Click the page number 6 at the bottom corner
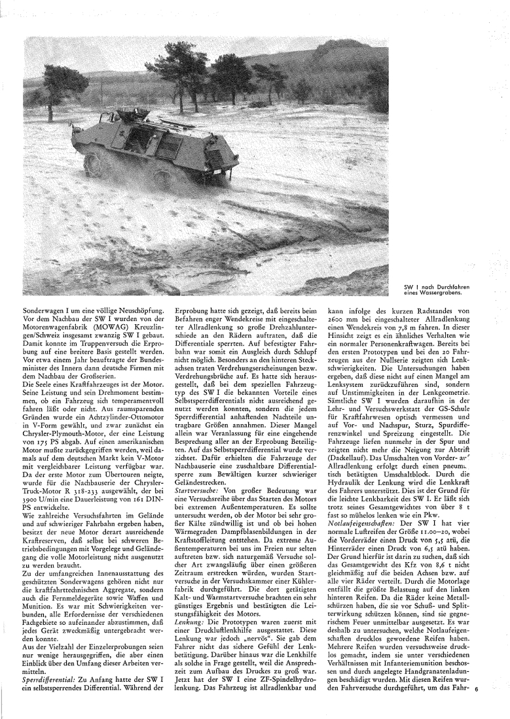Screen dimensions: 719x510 (496, 707)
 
